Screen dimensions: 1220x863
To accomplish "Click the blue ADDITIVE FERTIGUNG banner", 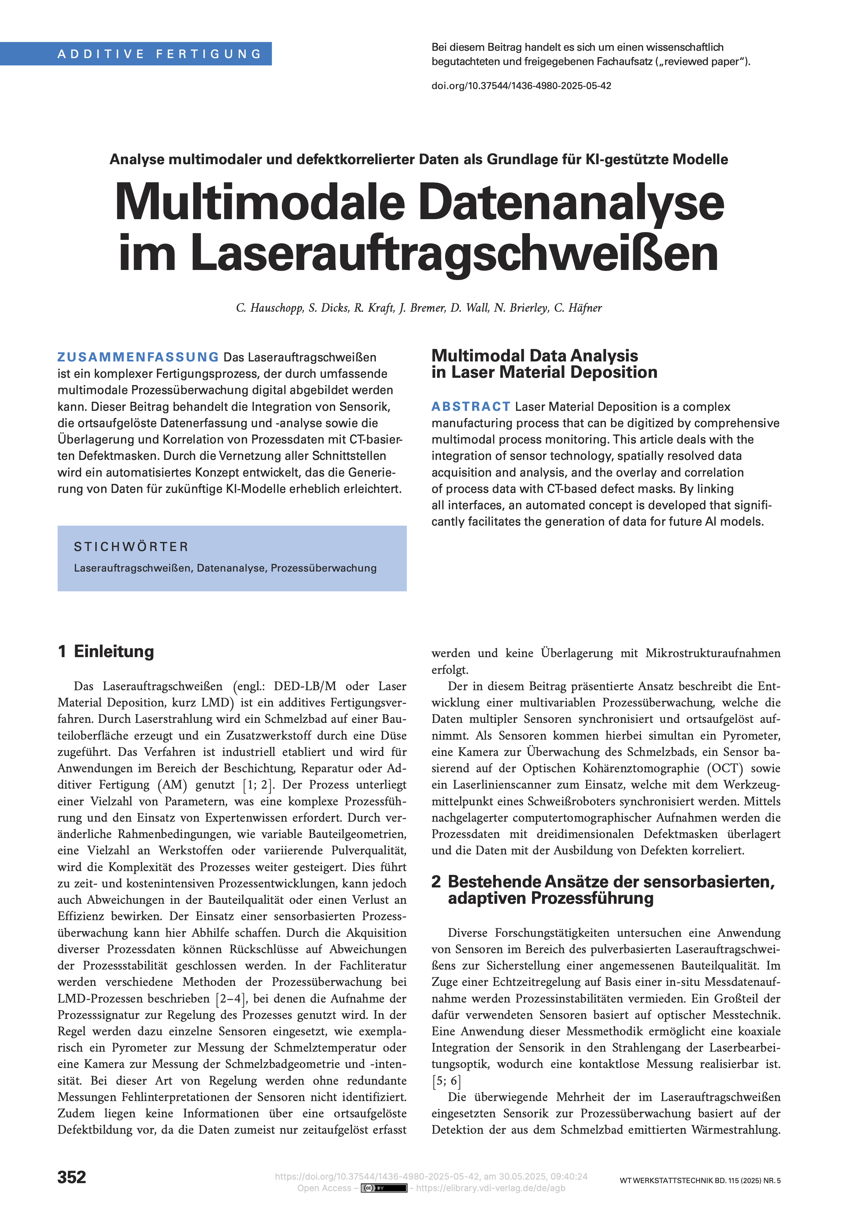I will click(159, 54).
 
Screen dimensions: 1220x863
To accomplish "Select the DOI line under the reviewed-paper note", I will click(521, 86).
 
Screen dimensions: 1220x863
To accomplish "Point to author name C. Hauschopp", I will click(269, 308).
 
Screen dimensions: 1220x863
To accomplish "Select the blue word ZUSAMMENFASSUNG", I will click(138, 357).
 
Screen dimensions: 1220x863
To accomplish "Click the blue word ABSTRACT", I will click(471, 406).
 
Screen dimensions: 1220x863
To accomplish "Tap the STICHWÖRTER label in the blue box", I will click(131, 547).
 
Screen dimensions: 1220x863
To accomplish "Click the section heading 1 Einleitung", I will click(106, 652).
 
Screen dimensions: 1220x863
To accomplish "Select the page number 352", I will click(72, 1177).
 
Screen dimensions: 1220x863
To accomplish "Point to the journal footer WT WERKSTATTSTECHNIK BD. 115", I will click(700, 1181).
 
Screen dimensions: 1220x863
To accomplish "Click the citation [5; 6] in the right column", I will click(446, 1081).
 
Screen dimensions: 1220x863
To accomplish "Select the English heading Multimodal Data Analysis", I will click(535, 356).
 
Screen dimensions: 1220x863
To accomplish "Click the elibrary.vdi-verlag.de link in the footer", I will click(491, 1188).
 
